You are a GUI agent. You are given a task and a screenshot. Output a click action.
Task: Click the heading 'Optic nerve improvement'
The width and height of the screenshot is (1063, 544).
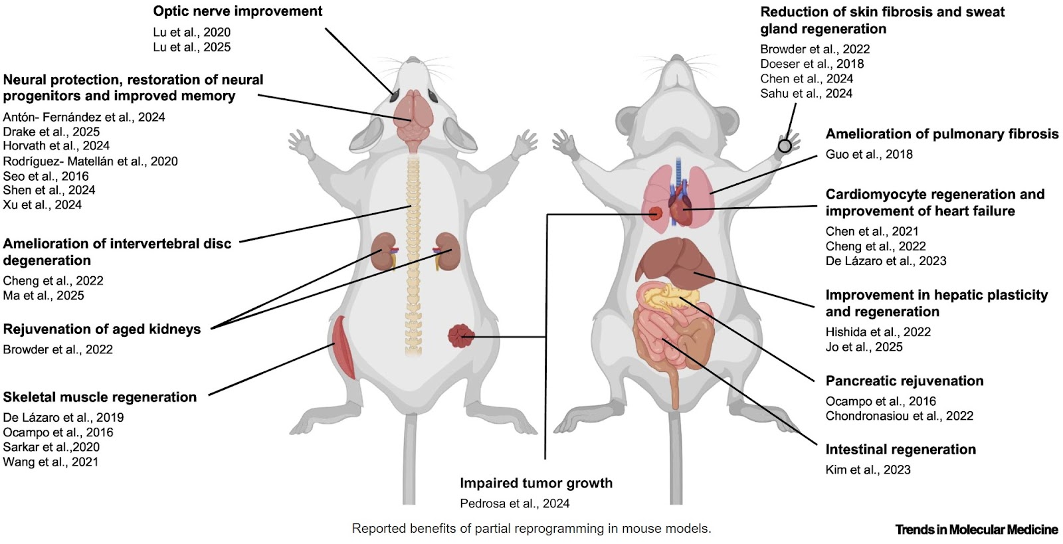click(237, 11)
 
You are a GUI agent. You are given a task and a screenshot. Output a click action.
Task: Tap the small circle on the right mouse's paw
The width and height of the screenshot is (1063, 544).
click(785, 145)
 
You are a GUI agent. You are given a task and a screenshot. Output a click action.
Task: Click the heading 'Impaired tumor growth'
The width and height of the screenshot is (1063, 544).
click(536, 483)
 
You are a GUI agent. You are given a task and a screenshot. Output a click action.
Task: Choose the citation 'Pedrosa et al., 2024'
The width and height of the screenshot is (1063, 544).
click(514, 503)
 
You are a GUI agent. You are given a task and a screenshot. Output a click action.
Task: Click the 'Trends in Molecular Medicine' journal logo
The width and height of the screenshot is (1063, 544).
click(976, 529)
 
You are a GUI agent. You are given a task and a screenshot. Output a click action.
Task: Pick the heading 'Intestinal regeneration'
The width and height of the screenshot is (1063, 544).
click(900, 450)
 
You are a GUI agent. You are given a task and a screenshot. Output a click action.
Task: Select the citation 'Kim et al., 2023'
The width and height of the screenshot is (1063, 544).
click(868, 470)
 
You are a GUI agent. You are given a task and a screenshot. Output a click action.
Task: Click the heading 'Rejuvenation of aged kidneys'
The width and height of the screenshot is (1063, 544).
click(102, 329)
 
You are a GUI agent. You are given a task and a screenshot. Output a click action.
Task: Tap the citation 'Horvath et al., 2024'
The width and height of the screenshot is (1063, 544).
click(56, 145)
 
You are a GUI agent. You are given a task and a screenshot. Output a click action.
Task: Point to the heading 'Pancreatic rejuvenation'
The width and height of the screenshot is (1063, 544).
click(904, 381)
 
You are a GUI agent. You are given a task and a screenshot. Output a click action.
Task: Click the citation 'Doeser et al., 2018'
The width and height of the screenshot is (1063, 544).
click(812, 64)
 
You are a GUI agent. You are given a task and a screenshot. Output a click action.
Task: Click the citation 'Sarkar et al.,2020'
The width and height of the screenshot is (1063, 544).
click(51, 447)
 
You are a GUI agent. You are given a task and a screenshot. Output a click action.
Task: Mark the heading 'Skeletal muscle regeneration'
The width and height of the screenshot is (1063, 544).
click(100, 397)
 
